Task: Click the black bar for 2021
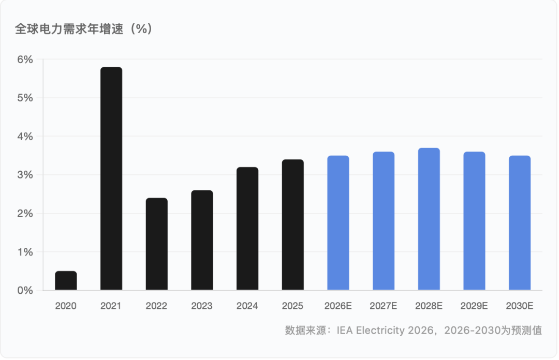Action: tap(111, 178)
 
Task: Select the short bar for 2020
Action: tap(66, 280)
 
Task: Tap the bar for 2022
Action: tap(156, 244)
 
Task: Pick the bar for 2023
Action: tap(202, 240)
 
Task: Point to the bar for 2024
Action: tap(247, 229)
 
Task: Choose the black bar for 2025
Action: tap(293, 224)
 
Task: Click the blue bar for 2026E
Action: tap(338, 223)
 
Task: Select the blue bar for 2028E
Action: tap(429, 219)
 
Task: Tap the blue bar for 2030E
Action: tap(520, 223)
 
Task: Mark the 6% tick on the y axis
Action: tap(25, 59)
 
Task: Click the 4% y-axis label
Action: tap(25, 137)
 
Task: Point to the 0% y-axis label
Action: tap(25, 291)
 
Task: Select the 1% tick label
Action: tap(25, 252)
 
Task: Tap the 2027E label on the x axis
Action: tap(384, 306)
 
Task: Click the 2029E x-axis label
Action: tap(474, 306)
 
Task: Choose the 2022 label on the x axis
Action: tap(156, 306)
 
